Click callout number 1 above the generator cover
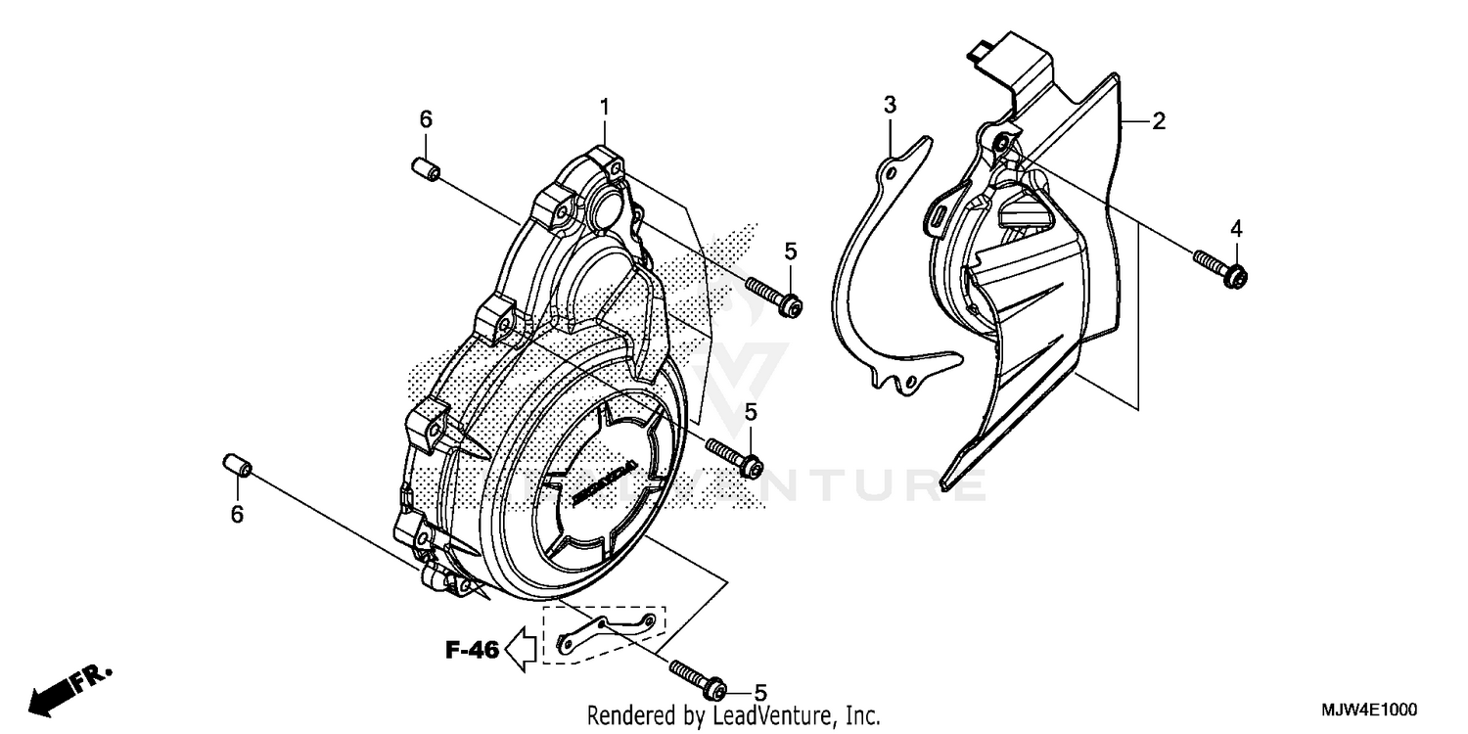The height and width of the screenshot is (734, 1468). [x=605, y=106]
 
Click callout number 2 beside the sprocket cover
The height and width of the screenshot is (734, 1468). [x=1158, y=121]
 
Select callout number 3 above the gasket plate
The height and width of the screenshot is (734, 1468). [x=890, y=104]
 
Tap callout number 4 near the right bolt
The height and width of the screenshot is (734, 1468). [x=1236, y=228]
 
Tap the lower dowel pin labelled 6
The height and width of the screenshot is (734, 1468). [x=239, y=466]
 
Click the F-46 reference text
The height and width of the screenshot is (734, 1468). [x=473, y=648]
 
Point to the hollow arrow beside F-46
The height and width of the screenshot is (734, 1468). [x=522, y=648]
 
